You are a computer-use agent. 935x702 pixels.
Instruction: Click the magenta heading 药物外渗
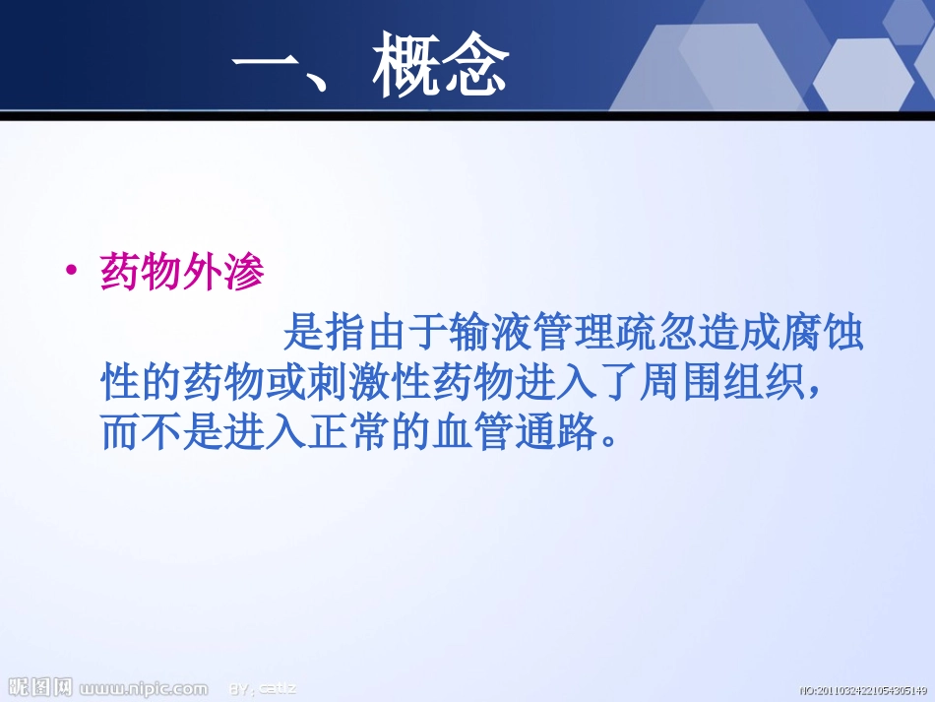click(183, 275)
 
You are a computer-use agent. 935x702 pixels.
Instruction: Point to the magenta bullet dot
click(70, 275)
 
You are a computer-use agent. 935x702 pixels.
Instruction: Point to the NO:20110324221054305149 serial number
click(863, 690)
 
